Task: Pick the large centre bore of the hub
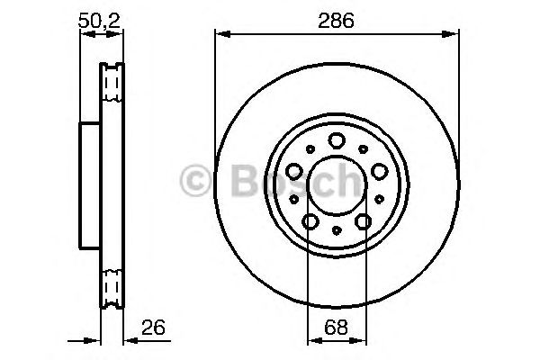coord(335,186)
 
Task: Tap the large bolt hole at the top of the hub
coord(336,139)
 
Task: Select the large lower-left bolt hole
coord(309,221)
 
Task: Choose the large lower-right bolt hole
coord(364,221)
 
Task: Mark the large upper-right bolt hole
coord(379,169)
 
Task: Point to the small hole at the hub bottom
coord(336,231)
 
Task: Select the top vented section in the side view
coord(112,83)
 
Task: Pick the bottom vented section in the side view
coord(112,288)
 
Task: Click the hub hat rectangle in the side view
coord(90,186)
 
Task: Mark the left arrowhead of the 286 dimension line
coord(220,35)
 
